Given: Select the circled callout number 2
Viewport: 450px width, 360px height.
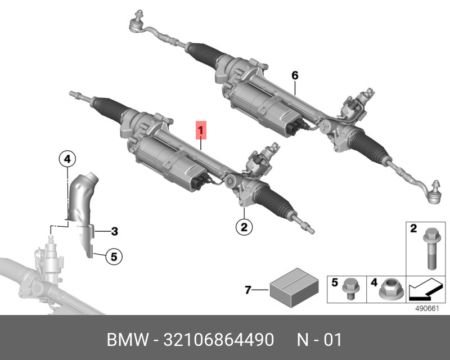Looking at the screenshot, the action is tap(244, 227).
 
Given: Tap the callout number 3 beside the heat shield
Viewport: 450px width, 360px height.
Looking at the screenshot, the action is tap(114, 231).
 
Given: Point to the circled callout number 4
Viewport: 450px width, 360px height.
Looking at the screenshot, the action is tap(66, 160).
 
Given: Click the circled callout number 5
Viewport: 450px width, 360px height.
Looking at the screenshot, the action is tap(113, 257).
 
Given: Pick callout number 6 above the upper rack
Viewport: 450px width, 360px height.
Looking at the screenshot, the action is tap(294, 75).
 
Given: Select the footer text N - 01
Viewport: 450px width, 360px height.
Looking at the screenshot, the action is tap(319, 340).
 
